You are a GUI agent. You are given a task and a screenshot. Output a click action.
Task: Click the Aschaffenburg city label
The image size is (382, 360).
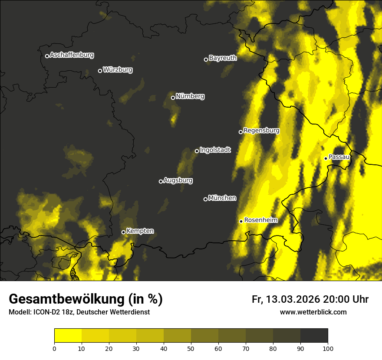coord(72,55)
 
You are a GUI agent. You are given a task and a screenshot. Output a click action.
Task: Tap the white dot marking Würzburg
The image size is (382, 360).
coord(100,71)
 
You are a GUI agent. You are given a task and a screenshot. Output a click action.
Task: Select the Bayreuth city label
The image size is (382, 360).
coord(223,58)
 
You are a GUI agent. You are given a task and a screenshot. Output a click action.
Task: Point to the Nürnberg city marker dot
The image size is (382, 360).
coord(173,98)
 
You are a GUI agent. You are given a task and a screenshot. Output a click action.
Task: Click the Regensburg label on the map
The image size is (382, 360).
coord(261,131)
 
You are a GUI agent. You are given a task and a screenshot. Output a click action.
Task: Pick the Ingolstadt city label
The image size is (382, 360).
coord(215,150)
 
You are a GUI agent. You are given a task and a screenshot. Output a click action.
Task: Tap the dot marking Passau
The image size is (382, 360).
coord(326,158)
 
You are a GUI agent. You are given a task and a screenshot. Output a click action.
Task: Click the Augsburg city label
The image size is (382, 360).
coord(178,180)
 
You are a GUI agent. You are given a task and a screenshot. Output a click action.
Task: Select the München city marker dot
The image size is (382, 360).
coord(206,199)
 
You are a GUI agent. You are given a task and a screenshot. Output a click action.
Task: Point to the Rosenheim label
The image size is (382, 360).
coord(261,220)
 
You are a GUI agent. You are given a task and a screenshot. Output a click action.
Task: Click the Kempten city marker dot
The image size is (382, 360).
coord(123,232)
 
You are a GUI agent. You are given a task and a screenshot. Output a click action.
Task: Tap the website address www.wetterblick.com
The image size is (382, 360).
coord(313,312)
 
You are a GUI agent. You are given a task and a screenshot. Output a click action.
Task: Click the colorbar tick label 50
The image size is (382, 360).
coord(191,348)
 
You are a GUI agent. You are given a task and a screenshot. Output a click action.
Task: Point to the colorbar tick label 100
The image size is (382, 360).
coord(328,348)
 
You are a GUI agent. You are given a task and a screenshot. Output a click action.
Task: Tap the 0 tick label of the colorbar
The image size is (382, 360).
coord(54,348)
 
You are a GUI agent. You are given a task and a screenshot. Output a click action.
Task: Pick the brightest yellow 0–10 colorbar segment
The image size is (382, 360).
coord(68,336)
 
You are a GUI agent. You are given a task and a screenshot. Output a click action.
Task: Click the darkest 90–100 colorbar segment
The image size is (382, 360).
coord(314,336)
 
